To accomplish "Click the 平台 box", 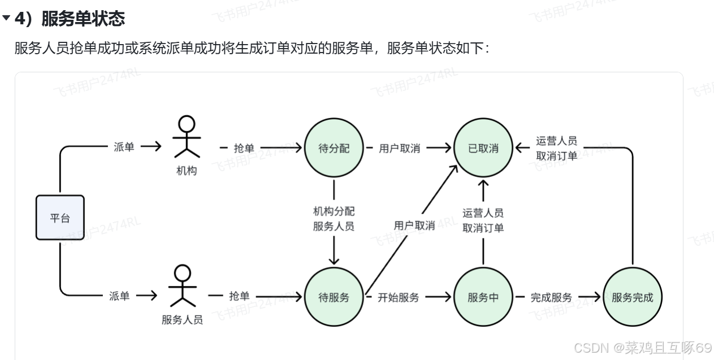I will (60, 218).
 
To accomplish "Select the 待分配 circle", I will (334, 148).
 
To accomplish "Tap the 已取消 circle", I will (483, 148).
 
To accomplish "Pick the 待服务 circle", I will (334, 297).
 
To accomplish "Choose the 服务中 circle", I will (483, 297).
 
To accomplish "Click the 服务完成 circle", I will (632, 297).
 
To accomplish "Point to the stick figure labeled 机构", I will (187, 137).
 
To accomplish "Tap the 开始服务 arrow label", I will (399, 297).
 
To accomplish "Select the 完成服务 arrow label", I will (551, 297).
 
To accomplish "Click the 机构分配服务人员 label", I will (334, 219).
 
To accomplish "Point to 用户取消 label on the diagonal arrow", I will (414, 225).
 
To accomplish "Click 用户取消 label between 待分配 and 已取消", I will (400, 149).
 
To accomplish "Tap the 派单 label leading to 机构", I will (124, 148).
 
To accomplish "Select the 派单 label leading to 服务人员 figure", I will (119, 296).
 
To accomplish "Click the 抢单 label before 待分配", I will (244, 149).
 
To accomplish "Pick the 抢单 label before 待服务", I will (239, 296).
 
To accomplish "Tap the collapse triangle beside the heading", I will (6, 19).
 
